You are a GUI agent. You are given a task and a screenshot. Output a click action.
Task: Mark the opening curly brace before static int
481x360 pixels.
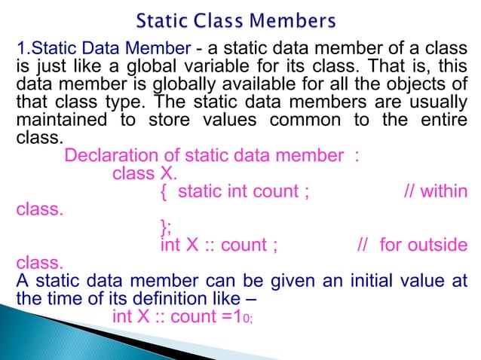coord(165,193)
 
